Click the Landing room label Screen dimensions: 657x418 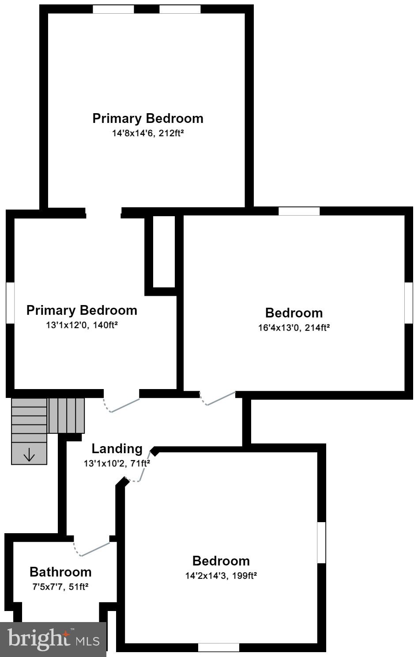point(117,449)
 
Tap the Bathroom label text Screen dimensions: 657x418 point(60,572)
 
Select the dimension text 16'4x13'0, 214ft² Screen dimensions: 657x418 point(294,328)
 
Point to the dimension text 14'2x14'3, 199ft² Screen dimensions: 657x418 point(221,576)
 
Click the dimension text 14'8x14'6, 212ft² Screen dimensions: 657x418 point(147,133)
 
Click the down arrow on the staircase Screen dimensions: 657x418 point(29,455)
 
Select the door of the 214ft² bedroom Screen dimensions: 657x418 point(218,399)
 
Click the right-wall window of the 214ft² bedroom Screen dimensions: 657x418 point(409,302)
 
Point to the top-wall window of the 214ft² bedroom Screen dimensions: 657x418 point(299,211)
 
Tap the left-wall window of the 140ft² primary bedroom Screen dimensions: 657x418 point(10,303)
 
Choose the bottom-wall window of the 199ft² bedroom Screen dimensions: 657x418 point(218,648)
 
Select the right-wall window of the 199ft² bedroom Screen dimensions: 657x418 point(321,542)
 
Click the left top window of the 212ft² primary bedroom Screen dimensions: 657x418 point(113,9)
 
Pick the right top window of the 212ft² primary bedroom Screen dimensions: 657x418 point(180,9)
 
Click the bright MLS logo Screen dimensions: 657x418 point(53,639)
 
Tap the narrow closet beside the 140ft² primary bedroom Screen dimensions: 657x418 point(164,251)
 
